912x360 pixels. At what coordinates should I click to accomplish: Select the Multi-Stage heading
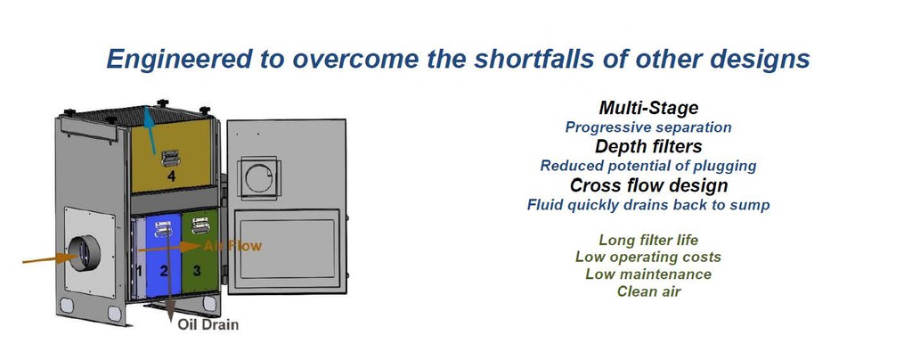coord(648,108)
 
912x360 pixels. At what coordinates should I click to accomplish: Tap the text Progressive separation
coord(648,127)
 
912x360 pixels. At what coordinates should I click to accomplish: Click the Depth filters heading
coord(648,146)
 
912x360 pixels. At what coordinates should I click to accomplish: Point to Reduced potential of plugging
coord(648,166)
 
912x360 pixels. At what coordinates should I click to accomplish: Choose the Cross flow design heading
coord(648,185)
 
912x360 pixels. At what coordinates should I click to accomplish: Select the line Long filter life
coord(648,240)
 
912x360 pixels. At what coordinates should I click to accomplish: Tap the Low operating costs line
coord(648,257)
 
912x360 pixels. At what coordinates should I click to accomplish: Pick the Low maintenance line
coord(648,274)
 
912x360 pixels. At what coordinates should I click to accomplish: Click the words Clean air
coord(648,290)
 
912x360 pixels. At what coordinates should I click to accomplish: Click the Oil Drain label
coord(208,324)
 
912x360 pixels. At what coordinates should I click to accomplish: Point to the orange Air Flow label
coord(232,246)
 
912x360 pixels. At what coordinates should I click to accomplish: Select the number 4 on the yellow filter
coord(171,176)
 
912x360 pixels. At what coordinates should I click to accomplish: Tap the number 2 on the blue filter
coord(164,270)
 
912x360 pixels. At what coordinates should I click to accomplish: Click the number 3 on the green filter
coord(197,270)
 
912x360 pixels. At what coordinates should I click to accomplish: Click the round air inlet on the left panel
coord(84,254)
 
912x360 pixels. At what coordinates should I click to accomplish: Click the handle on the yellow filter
coord(170,158)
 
